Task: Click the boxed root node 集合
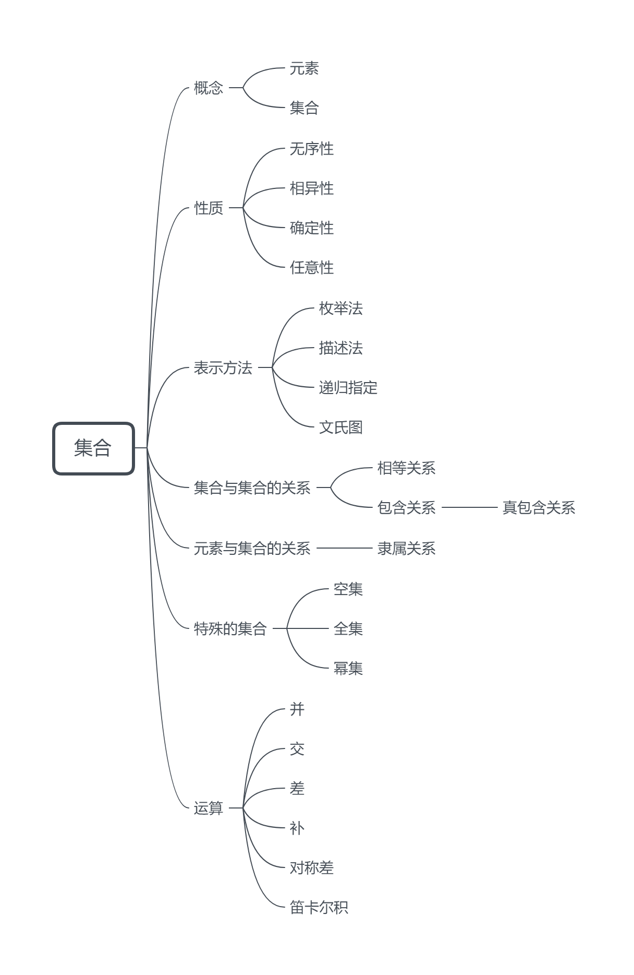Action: pos(93,448)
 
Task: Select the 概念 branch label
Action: pos(209,88)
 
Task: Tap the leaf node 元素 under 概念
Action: pos(304,68)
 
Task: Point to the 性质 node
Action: pos(209,208)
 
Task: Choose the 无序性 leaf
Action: pos(311,149)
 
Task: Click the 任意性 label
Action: pos(311,268)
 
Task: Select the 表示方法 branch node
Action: pos(223,368)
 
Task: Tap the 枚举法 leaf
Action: pos(340,308)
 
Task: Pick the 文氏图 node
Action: pos(340,427)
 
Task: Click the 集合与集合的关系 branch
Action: pos(252,488)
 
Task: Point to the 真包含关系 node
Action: pos(539,508)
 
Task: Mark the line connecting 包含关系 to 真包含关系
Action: pos(469,507)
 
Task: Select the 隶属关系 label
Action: pos(406,549)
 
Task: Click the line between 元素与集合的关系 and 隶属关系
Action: pos(344,548)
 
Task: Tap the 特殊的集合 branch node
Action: pos(230,629)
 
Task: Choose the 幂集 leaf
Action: pos(348,669)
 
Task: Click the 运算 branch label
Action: pos(209,808)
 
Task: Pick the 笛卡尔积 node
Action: pos(319,908)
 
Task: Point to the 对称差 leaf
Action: pos(311,868)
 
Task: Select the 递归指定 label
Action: pos(348,388)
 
